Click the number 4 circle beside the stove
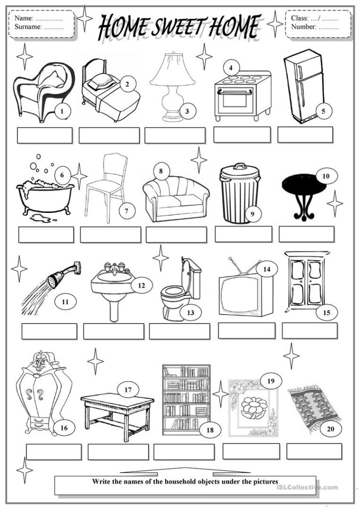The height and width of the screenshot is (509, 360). point(231,67)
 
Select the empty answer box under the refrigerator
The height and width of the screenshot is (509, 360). point(305,135)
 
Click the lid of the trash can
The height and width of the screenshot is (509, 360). point(239,170)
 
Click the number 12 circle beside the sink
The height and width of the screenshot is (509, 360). point(141,286)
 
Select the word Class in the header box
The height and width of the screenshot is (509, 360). point(299,18)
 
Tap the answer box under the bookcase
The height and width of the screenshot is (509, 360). point(184,451)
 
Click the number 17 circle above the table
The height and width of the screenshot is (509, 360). point(128,390)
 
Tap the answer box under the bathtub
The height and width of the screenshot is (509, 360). point(46,235)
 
